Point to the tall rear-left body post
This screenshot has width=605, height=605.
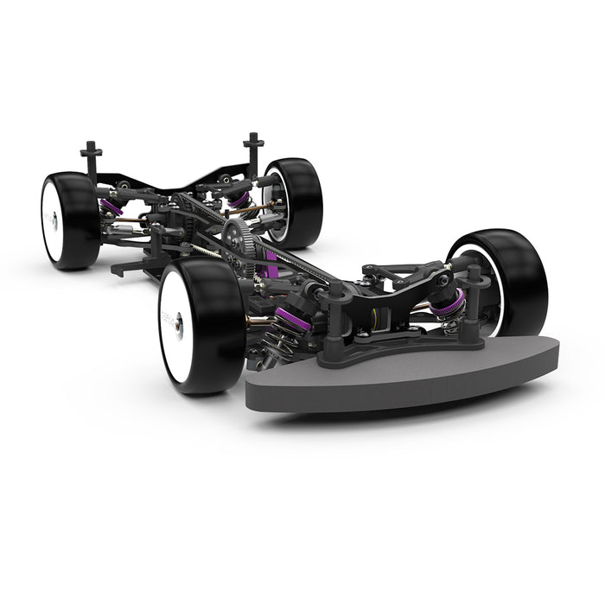(91, 160)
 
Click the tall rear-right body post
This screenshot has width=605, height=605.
(252, 151)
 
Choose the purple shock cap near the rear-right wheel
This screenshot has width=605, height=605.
(237, 201)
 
